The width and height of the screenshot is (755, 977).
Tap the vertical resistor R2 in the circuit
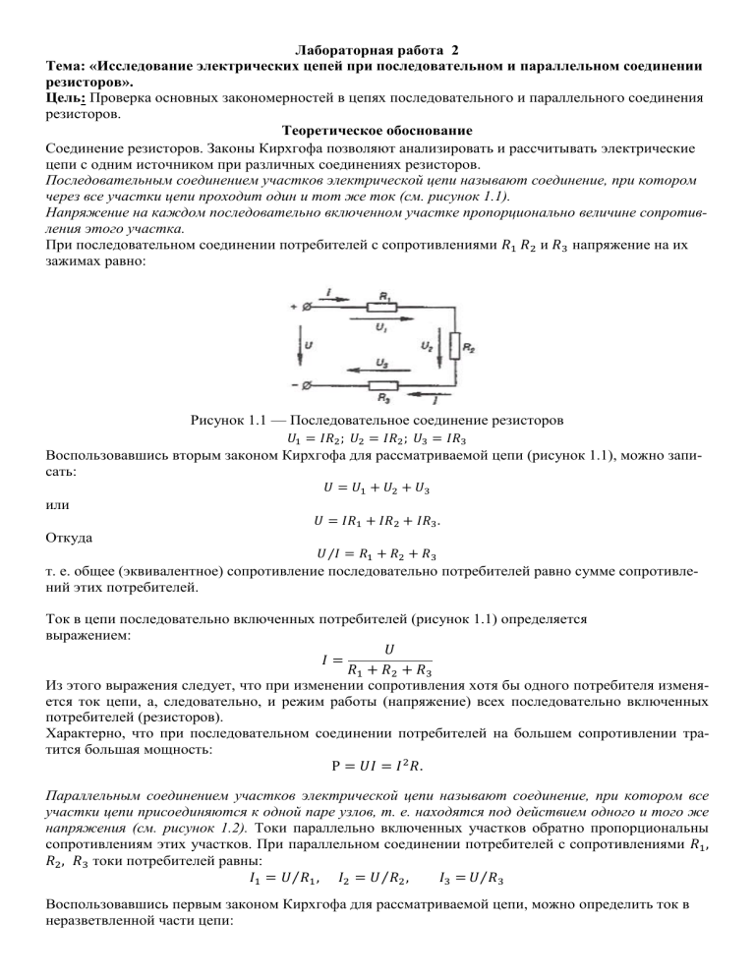(455, 347)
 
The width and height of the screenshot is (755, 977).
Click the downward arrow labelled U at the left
(299, 346)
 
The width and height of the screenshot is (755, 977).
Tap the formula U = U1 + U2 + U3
(377, 488)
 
